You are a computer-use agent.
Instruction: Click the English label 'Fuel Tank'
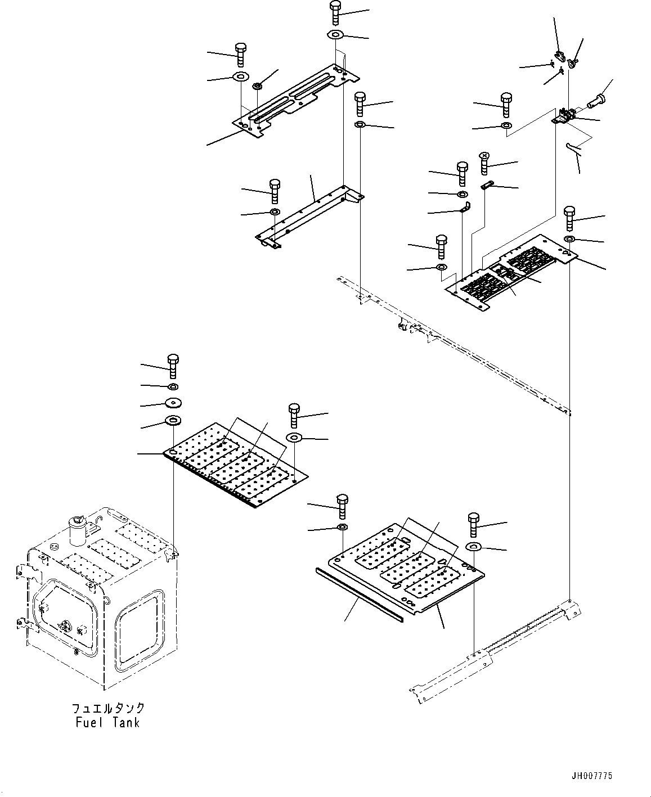[x=107, y=722]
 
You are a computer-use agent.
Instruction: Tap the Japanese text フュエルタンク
[x=107, y=708]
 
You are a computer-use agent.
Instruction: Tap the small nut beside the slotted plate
[x=257, y=86]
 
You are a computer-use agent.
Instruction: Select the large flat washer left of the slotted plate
[x=240, y=76]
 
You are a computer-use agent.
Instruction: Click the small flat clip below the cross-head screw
[x=488, y=185]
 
